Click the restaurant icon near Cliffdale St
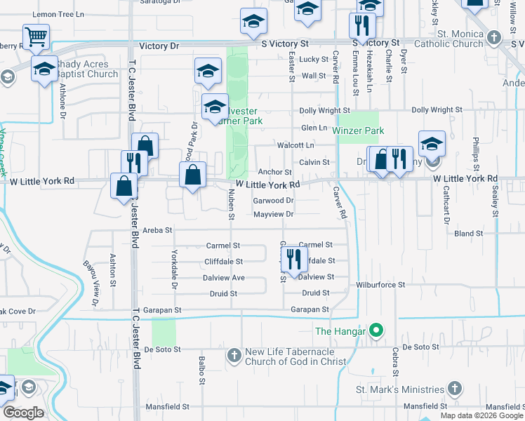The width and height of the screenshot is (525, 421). [x=294, y=259]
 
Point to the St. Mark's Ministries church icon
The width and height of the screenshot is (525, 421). [x=455, y=389]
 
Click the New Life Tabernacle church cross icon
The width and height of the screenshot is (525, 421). [x=234, y=356]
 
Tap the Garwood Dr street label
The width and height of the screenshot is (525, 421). [x=273, y=200]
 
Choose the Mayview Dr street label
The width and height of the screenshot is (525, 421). [x=273, y=214]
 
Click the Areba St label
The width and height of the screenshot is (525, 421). [x=157, y=229]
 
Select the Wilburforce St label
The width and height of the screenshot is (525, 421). [x=380, y=285]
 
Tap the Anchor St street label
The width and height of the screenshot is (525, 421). [x=274, y=171]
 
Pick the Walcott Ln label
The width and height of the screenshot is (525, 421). [x=295, y=145]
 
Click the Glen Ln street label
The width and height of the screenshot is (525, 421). [x=314, y=128]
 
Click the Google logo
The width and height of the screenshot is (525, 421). [x=23, y=413]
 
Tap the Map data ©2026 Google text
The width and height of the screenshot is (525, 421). [x=481, y=415]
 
